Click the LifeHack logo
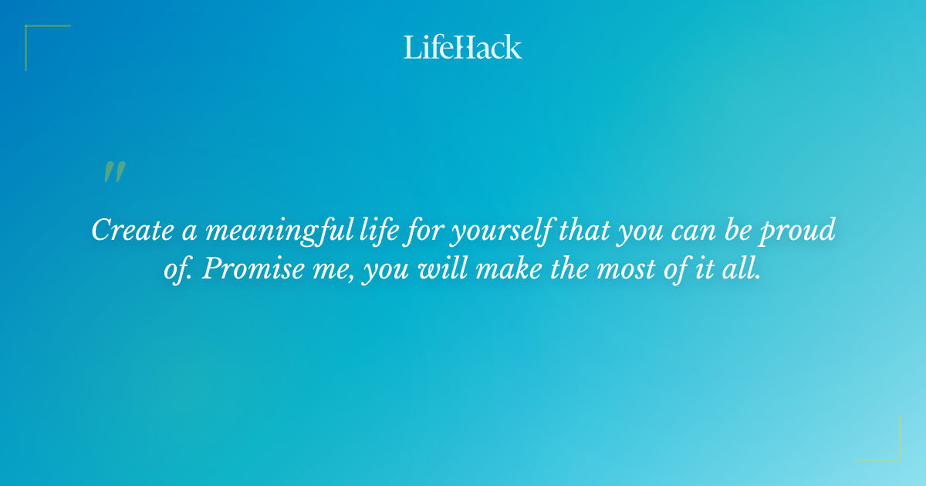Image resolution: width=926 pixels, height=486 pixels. (463, 47)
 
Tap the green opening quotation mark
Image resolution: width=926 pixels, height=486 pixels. (113, 172)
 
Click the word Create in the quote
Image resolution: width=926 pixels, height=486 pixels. (132, 231)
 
